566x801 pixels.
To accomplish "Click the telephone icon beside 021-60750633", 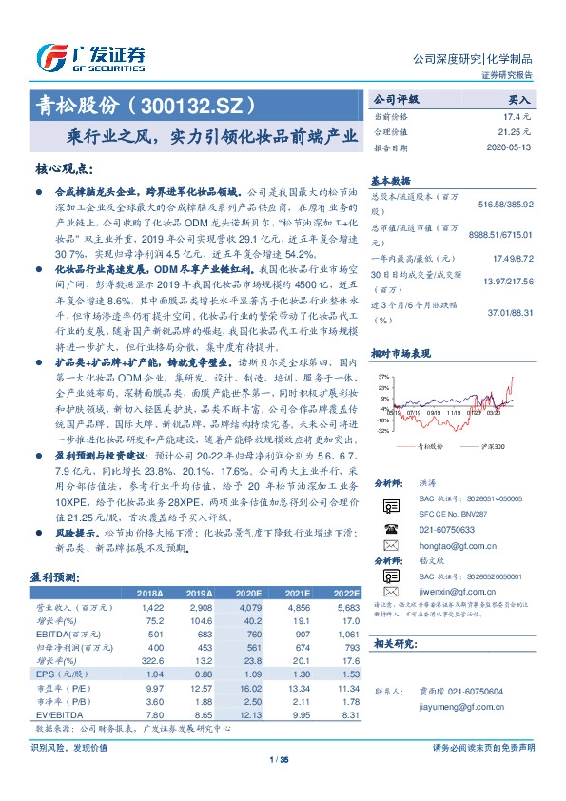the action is pyautogui.click(x=390, y=529).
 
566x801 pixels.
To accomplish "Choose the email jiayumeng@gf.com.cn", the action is pyautogui.click(x=459, y=706).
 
